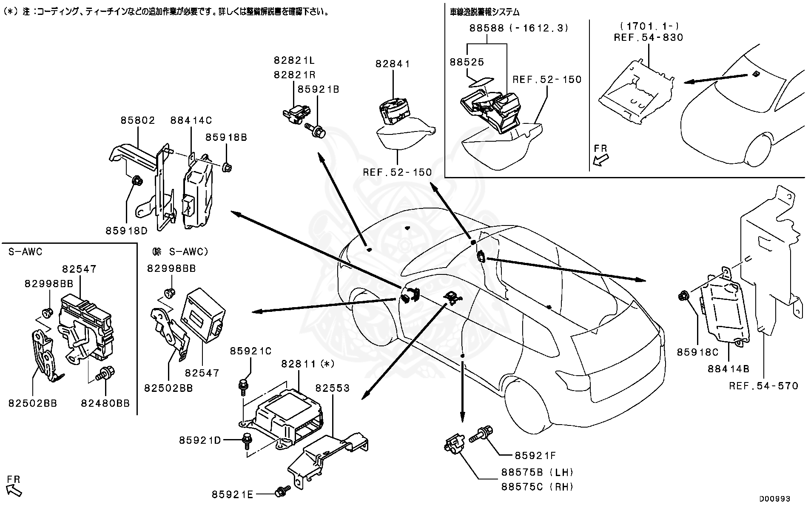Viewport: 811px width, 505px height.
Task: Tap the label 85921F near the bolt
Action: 535,456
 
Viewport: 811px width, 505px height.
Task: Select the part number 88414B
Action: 728,369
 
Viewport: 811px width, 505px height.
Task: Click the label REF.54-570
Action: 763,386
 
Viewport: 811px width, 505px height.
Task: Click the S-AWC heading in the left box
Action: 26,252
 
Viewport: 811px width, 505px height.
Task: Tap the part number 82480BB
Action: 105,403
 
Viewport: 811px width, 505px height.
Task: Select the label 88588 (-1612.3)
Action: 519,28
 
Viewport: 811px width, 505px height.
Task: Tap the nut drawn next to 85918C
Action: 684,295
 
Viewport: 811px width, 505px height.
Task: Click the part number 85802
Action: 138,120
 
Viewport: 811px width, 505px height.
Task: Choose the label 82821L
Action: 294,61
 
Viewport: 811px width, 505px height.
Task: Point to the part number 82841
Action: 393,64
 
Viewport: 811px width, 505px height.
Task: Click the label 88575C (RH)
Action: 538,487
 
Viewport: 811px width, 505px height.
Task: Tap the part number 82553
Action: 332,388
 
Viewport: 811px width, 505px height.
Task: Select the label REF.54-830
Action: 648,37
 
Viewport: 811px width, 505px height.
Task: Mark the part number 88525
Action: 467,62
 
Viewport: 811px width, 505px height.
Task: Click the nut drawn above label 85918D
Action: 137,181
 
